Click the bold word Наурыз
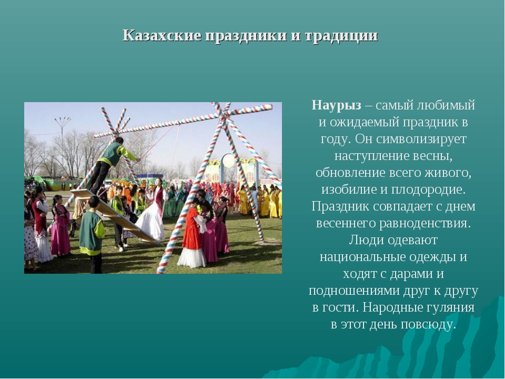337,105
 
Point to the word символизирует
421,139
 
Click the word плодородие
428,189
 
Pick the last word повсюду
429,324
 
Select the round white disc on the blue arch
228,161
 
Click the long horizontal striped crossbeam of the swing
184,121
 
